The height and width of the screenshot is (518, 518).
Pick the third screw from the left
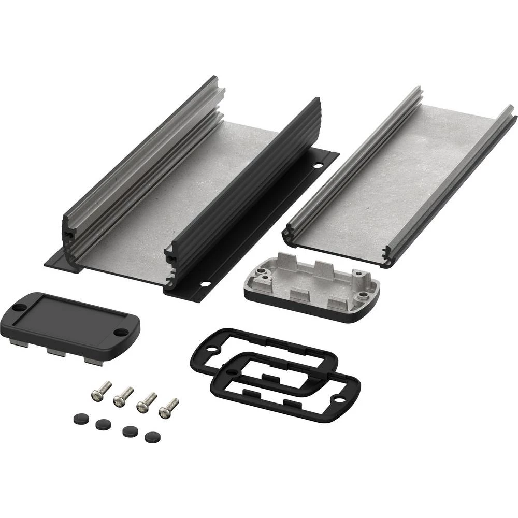146,401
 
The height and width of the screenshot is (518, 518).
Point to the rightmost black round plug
151,437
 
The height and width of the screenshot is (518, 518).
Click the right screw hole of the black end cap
121,332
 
